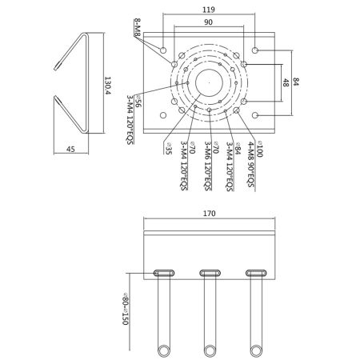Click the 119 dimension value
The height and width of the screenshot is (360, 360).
(x=208, y=10)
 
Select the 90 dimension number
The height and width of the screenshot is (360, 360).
(x=208, y=22)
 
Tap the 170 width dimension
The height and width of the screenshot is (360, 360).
(x=209, y=214)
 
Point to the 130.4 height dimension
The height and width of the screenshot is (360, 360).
(x=107, y=86)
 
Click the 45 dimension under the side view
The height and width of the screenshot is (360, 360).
(x=70, y=149)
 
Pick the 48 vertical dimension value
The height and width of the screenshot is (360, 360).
(x=286, y=82)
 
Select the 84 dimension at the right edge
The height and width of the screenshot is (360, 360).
(x=296, y=82)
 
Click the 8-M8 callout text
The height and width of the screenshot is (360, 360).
(x=137, y=27)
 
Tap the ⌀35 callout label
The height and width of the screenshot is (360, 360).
(x=169, y=149)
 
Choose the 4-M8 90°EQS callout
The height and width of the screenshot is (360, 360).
(x=251, y=165)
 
